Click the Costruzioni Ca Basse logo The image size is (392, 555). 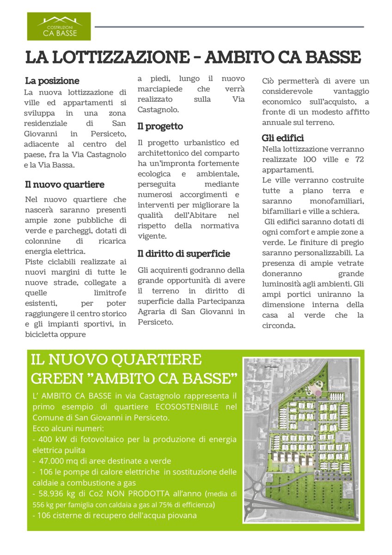[x=59, y=26]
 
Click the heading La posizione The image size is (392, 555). [x=52, y=81]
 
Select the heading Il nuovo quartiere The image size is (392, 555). [x=65, y=185]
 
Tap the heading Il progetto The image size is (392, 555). [x=160, y=126]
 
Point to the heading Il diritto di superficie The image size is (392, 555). [x=184, y=254]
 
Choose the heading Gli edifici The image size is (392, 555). [x=283, y=138]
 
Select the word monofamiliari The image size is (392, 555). [x=338, y=201]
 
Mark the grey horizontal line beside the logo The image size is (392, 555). [x=229, y=27]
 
